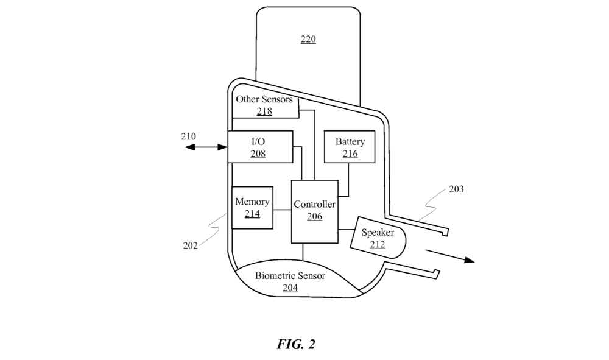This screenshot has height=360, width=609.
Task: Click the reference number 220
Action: click(x=308, y=40)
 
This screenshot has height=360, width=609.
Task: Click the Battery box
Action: click(x=350, y=147)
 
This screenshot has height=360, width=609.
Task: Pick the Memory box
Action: click(x=252, y=208)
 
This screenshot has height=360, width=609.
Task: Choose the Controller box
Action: click(x=314, y=210)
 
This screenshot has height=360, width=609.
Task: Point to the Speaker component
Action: click(x=378, y=238)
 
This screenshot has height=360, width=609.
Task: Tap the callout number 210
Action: click(x=189, y=136)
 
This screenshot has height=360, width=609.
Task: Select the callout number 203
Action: click(x=456, y=189)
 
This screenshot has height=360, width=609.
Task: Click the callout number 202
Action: click(x=191, y=245)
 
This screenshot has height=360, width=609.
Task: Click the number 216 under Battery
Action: click(x=350, y=154)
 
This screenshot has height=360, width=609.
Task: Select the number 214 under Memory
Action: click(x=252, y=214)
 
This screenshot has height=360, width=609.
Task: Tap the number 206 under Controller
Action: click(x=314, y=216)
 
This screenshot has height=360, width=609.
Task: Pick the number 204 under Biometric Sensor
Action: click(x=290, y=288)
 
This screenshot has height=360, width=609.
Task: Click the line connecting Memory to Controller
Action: click(x=281, y=210)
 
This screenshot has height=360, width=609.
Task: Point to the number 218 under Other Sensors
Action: click(x=264, y=111)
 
